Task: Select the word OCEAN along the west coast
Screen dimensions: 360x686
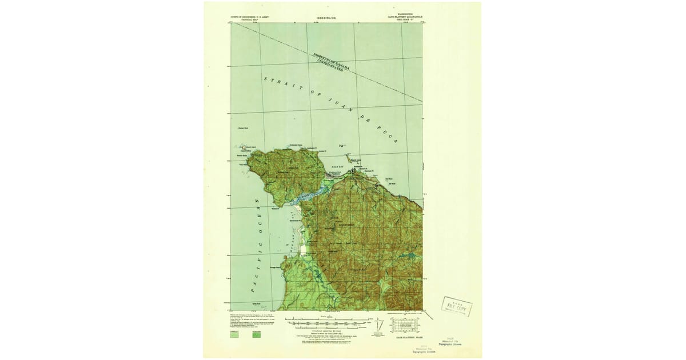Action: pyautogui.click(x=257, y=211)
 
